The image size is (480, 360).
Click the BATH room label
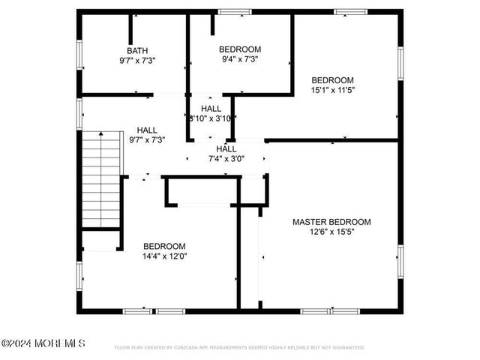(x=137, y=50)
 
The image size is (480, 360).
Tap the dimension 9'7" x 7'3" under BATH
(x=137, y=60)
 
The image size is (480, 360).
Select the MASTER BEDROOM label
(x=331, y=222)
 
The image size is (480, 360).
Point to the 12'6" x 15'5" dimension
(x=331, y=232)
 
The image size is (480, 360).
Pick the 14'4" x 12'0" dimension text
(x=165, y=256)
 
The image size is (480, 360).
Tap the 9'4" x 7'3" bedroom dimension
(x=241, y=58)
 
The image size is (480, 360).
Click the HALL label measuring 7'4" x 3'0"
(x=226, y=148)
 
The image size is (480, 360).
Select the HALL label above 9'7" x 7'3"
(x=147, y=130)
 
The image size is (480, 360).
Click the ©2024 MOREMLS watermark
(x=43, y=343)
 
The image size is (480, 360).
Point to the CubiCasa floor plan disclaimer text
(x=239, y=347)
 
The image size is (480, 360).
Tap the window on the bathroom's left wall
(x=79, y=55)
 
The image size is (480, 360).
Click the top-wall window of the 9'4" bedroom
(x=235, y=11)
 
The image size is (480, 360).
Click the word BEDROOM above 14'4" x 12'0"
(x=165, y=246)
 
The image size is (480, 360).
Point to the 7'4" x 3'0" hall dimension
(x=226, y=158)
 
